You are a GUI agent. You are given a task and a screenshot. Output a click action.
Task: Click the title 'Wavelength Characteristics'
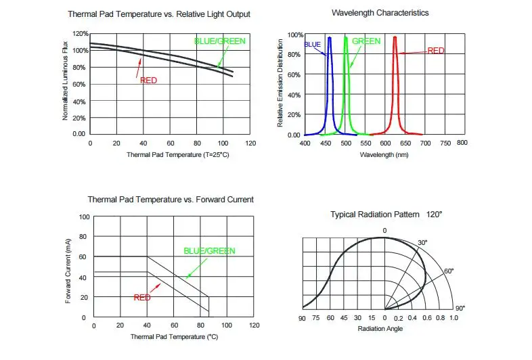coord(380,13)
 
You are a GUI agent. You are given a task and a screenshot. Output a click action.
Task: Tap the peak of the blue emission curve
coord(330,38)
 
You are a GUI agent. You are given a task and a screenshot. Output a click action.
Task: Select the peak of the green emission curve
coord(346,38)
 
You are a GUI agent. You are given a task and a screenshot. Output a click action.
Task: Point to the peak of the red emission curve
coord(395,38)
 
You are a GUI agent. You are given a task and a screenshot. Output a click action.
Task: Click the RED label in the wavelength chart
coord(436,51)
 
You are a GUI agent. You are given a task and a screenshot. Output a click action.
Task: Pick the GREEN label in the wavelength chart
coord(366,41)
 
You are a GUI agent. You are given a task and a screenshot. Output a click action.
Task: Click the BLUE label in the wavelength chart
coord(312,45)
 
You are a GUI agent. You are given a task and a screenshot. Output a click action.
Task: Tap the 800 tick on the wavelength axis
coord(462,143)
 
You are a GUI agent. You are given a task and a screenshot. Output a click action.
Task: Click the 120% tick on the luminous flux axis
coord(80,34)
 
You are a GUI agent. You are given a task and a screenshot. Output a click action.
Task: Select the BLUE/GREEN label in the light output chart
coord(219,41)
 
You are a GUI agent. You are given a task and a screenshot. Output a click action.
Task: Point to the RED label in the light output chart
coord(148,81)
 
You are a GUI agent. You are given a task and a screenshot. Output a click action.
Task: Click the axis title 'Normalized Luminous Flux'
coord(66,81)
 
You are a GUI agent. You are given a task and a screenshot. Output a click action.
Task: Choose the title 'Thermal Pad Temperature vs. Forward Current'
coord(171,200)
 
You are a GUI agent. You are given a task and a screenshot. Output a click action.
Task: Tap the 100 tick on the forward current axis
coord(84,217)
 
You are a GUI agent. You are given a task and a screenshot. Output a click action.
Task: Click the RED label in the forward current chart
coord(142,297)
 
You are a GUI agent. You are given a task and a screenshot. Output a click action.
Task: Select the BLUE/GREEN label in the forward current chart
coord(209,251)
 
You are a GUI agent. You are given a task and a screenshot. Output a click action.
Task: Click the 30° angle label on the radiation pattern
coord(422,242)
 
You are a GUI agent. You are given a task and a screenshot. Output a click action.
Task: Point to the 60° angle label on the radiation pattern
coord(448,271)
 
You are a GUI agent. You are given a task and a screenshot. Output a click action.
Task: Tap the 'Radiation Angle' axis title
coord(380,329)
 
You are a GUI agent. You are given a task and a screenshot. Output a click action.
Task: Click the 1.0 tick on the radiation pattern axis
coord(453,317)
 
